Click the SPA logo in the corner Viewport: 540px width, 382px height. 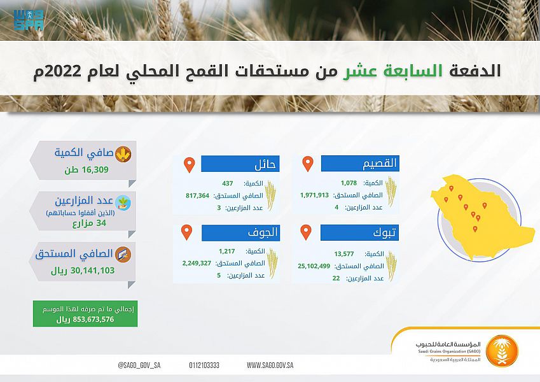point(29,20)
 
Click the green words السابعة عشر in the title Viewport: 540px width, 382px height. point(392,71)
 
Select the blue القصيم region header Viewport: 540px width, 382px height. point(360,163)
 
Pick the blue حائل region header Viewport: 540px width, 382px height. point(240,164)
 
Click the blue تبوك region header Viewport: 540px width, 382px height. point(359,233)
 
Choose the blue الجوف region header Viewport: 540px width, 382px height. point(240,233)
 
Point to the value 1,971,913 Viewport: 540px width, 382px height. point(314,195)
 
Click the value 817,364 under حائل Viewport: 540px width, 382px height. point(197,195)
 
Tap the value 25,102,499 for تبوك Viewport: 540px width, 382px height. point(314,266)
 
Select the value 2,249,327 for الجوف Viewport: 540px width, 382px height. point(197,263)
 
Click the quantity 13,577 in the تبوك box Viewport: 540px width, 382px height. point(343,254)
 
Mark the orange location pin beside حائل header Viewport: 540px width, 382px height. point(190,165)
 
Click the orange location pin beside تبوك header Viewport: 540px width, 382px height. point(306,232)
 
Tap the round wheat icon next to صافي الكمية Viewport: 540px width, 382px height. point(123,154)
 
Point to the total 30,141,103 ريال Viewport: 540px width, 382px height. point(83,271)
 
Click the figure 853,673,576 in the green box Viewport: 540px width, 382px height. point(93,320)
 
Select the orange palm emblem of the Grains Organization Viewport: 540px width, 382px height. point(502,351)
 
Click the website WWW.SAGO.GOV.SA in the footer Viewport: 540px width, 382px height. point(270,365)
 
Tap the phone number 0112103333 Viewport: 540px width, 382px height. point(204,365)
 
